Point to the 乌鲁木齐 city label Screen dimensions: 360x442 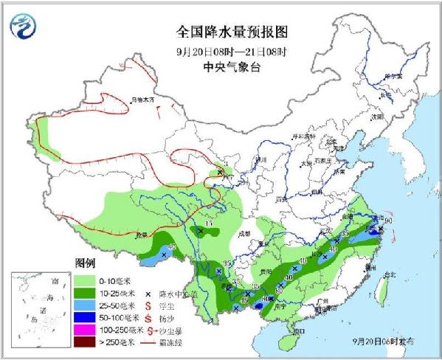[x=144, y=98]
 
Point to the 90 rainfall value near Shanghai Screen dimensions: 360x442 [x=388, y=219]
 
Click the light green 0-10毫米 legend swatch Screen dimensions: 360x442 [x=87, y=281]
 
